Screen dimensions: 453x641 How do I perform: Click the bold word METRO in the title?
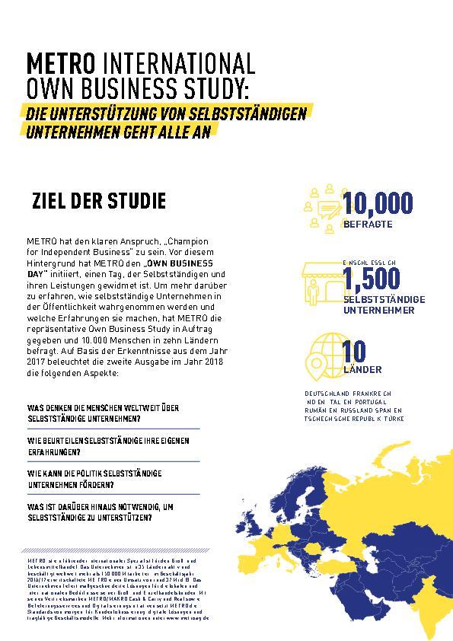pyautogui.click(x=61, y=62)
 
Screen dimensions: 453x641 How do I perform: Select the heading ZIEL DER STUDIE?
pyautogui.click(x=99, y=202)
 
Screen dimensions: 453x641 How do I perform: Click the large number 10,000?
pyautogui.click(x=378, y=203)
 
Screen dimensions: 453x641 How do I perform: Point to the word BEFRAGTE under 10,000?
pyautogui.click(x=368, y=224)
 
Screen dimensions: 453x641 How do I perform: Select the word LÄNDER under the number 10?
pyautogui.click(x=362, y=370)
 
